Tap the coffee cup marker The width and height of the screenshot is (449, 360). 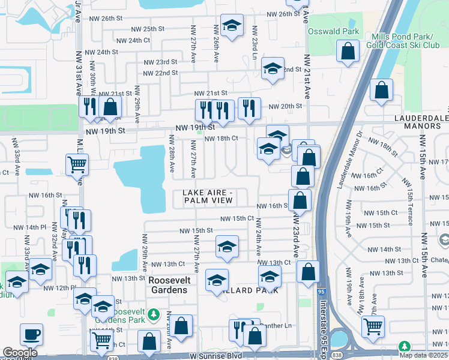[31, 334]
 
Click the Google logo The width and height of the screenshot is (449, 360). [20, 353]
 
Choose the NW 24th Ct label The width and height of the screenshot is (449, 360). [130, 40]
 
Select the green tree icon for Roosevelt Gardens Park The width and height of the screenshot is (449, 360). [154, 314]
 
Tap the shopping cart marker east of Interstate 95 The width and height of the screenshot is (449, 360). [373, 326]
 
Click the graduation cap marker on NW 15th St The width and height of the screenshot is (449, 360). [227, 246]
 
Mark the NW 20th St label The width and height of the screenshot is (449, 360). [285, 106]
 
